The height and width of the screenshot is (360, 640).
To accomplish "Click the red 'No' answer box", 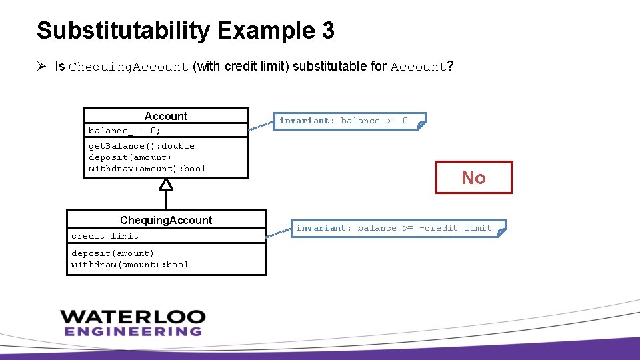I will tap(473, 177).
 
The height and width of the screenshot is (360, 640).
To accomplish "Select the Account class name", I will tap(166, 116).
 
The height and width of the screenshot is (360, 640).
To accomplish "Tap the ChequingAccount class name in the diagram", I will tap(166, 220).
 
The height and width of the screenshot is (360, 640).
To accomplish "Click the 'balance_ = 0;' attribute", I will tap(125, 131).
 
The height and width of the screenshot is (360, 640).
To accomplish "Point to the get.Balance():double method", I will tap(141, 146).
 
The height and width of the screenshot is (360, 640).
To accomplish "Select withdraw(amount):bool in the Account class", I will tap(147, 169).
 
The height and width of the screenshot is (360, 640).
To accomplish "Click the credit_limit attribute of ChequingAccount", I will tap(105, 236).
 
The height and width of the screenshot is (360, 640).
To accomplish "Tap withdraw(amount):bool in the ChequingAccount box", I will tap(130, 265).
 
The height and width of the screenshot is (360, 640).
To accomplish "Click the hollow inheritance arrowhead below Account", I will tap(166, 185).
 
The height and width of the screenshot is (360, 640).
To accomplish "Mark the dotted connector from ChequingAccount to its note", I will tap(279, 231).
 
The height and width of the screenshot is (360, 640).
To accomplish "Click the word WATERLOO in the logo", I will tap(133, 317).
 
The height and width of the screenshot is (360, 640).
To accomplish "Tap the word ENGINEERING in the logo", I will tap(133, 331).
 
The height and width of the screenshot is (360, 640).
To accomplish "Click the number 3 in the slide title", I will tap(327, 31).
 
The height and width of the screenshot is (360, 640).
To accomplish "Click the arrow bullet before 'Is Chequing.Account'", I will tap(41, 66).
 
